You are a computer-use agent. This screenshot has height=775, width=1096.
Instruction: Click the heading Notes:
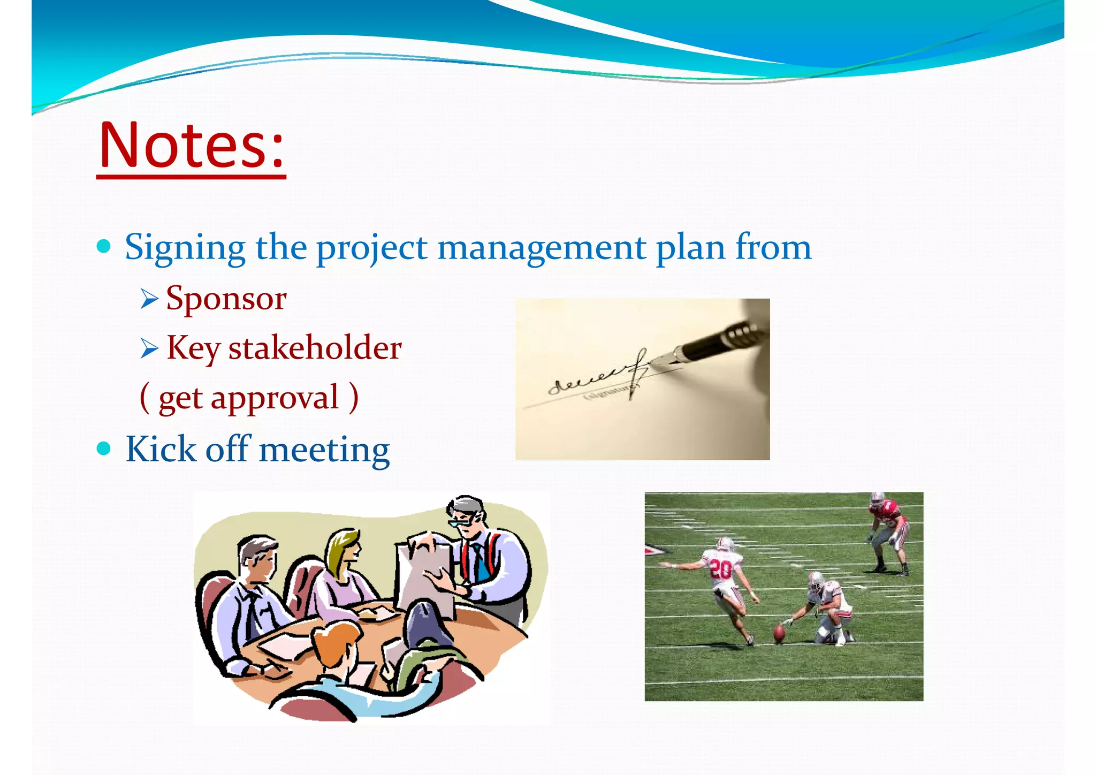coord(191,146)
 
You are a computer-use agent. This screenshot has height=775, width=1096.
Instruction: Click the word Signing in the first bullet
coord(185,248)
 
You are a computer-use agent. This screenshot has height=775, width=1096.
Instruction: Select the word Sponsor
coord(226,298)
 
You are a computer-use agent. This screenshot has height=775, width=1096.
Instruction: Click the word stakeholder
coord(315,348)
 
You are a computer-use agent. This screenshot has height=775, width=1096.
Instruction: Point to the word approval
coord(275,398)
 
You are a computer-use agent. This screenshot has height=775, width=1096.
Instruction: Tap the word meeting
coord(324,450)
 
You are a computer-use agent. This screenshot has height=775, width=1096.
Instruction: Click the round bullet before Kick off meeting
coord(104,448)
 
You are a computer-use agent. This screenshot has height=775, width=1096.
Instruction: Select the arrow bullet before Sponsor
coord(149,299)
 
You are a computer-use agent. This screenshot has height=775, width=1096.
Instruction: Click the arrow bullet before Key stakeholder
coord(149,348)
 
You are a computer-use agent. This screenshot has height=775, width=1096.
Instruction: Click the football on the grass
coord(779,633)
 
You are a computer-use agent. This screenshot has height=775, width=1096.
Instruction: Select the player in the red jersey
coord(888,530)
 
